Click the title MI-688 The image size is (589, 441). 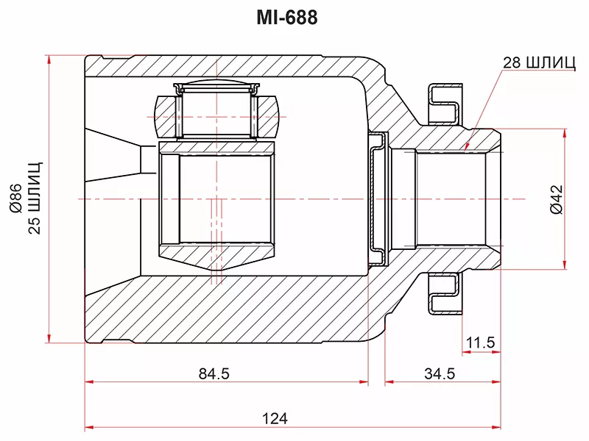point(287,17)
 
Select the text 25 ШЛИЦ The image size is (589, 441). point(35,198)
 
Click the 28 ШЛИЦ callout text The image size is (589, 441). point(539,62)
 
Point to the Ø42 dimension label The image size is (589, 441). point(557,199)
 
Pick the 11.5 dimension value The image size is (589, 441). point(481,343)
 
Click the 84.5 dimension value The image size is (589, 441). point(214,373)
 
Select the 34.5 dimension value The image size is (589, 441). point(440,373)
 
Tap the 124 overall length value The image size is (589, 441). point(275,418)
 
